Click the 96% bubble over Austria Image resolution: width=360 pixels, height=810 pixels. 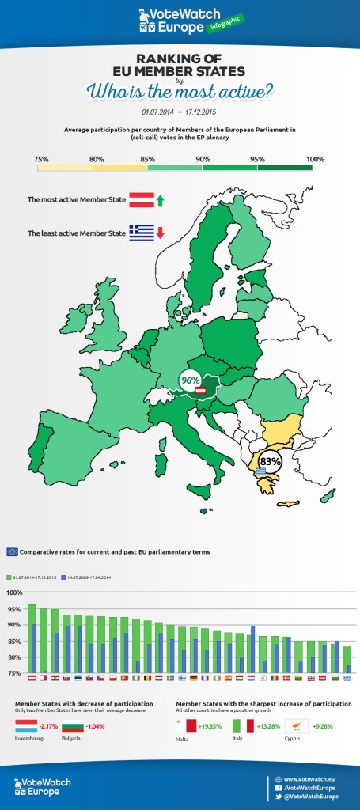(189, 380)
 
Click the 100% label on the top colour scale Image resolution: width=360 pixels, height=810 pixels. (315, 137)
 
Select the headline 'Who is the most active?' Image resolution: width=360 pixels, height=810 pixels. (180, 91)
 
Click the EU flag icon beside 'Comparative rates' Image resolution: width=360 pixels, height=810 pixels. (12, 551)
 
